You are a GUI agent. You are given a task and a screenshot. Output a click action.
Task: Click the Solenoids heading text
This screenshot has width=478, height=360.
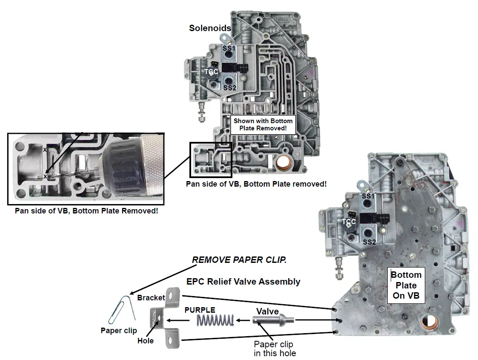pyautogui.click(x=210, y=29)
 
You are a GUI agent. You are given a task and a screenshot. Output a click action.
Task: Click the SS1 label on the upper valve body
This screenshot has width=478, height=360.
pyautogui.click(x=229, y=49)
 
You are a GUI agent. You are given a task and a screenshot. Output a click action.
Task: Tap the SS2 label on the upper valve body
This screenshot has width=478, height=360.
pyautogui.click(x=229, y=88)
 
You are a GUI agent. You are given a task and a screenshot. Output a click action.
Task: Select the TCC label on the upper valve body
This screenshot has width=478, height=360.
pyautogui.click(x=211, y=72)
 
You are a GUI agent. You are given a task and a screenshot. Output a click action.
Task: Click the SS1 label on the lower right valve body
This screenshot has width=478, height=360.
pyautogui.click(x=369, y=196)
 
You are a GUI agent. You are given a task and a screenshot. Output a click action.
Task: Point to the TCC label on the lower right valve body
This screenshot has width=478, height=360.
pyautogui.click(x=349, y=222)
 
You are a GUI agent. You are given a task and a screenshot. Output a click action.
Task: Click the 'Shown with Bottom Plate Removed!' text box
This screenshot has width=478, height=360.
pyautogui.click(x=263, y=124)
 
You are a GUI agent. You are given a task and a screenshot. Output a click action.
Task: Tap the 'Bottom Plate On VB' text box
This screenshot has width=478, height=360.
pyautogui.click(x=406, y=285)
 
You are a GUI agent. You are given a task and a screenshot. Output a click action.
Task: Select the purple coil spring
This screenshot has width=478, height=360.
pyautogui.click(x=215, y=320)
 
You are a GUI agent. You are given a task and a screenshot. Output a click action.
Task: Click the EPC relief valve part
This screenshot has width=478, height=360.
pyautogui.click(x=273, y=320)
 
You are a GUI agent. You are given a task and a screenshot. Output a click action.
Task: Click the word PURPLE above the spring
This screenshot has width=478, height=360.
pyautogui.click(x=200, y=310)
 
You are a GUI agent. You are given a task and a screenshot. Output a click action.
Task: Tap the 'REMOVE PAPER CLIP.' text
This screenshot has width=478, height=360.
pyautogui.click(x=239, y=260)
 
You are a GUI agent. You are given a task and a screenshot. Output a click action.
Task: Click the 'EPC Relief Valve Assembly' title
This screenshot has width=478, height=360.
pyautogui.click(x=243, y=282)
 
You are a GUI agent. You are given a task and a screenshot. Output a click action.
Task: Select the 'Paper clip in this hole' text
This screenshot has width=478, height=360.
pyautogui.click(x=273, y=348)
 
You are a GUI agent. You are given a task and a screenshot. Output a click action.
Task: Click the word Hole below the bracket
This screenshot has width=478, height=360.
pyautogui.click(x=145, y=340)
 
